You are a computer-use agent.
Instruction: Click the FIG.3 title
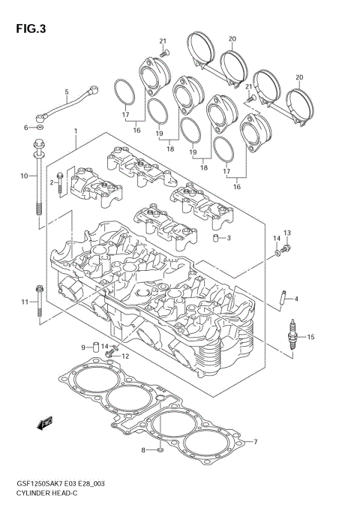(29, 29)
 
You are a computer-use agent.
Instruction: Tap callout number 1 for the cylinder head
(76, 132)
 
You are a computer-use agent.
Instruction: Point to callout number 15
(310, 337)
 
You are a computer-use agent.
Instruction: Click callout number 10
(23, 176)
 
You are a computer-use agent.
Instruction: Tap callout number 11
(23, 302)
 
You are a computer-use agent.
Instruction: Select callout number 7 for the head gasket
(255, 441)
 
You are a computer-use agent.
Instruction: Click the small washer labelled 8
(160, 450)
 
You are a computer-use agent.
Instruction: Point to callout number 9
(84, 347)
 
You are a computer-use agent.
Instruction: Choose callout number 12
(125, 356)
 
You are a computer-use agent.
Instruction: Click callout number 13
(286, 233)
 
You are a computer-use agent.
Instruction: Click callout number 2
(52, 182)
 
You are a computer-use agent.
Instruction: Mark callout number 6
(25, 128)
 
